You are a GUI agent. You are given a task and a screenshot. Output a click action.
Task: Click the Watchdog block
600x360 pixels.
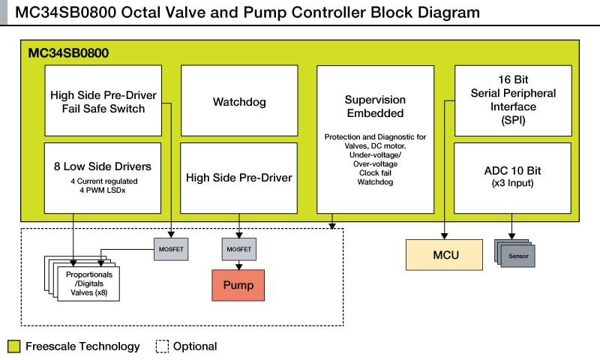pos(238,101)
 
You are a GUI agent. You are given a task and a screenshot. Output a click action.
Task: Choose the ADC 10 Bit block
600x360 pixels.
pos(514,177)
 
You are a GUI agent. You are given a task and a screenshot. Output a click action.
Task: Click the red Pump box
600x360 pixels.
pos(239,286)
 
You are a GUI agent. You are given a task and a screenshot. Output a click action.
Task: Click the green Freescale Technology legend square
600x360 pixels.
pos(13,346)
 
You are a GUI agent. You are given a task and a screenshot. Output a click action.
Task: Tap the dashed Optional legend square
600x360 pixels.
pos(161,346)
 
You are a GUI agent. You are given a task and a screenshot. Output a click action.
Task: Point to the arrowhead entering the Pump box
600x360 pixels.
pos(239,266)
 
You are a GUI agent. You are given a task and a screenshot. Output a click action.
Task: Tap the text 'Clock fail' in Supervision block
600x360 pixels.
pos(375,172)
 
